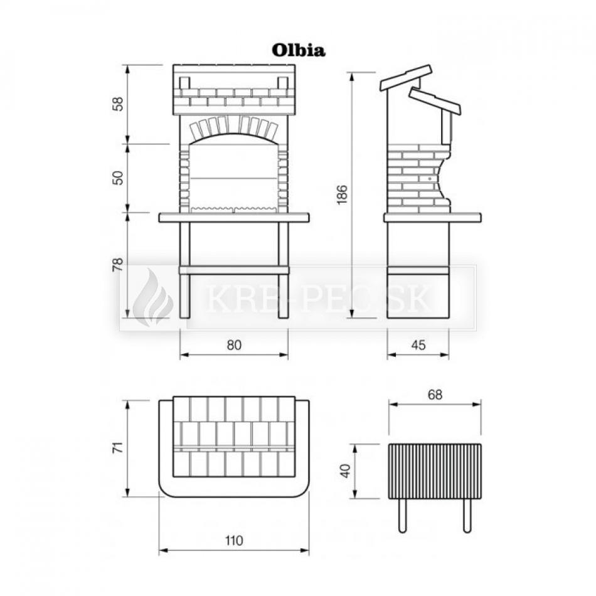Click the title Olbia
tap(299, 50)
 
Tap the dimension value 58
tap(119, 104)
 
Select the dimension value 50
tap(119, 178)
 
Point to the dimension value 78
tap(119, 265)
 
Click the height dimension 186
tap(342, 194)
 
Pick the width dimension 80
tap(234, 345)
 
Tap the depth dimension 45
tap(418, 345)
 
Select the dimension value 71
tap(119, 447)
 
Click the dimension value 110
tap(234, 540)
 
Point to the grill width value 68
tap(435, 395)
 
